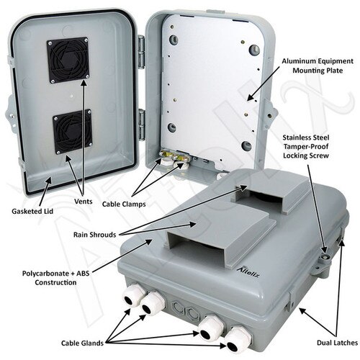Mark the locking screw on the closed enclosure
click(325, 253)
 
